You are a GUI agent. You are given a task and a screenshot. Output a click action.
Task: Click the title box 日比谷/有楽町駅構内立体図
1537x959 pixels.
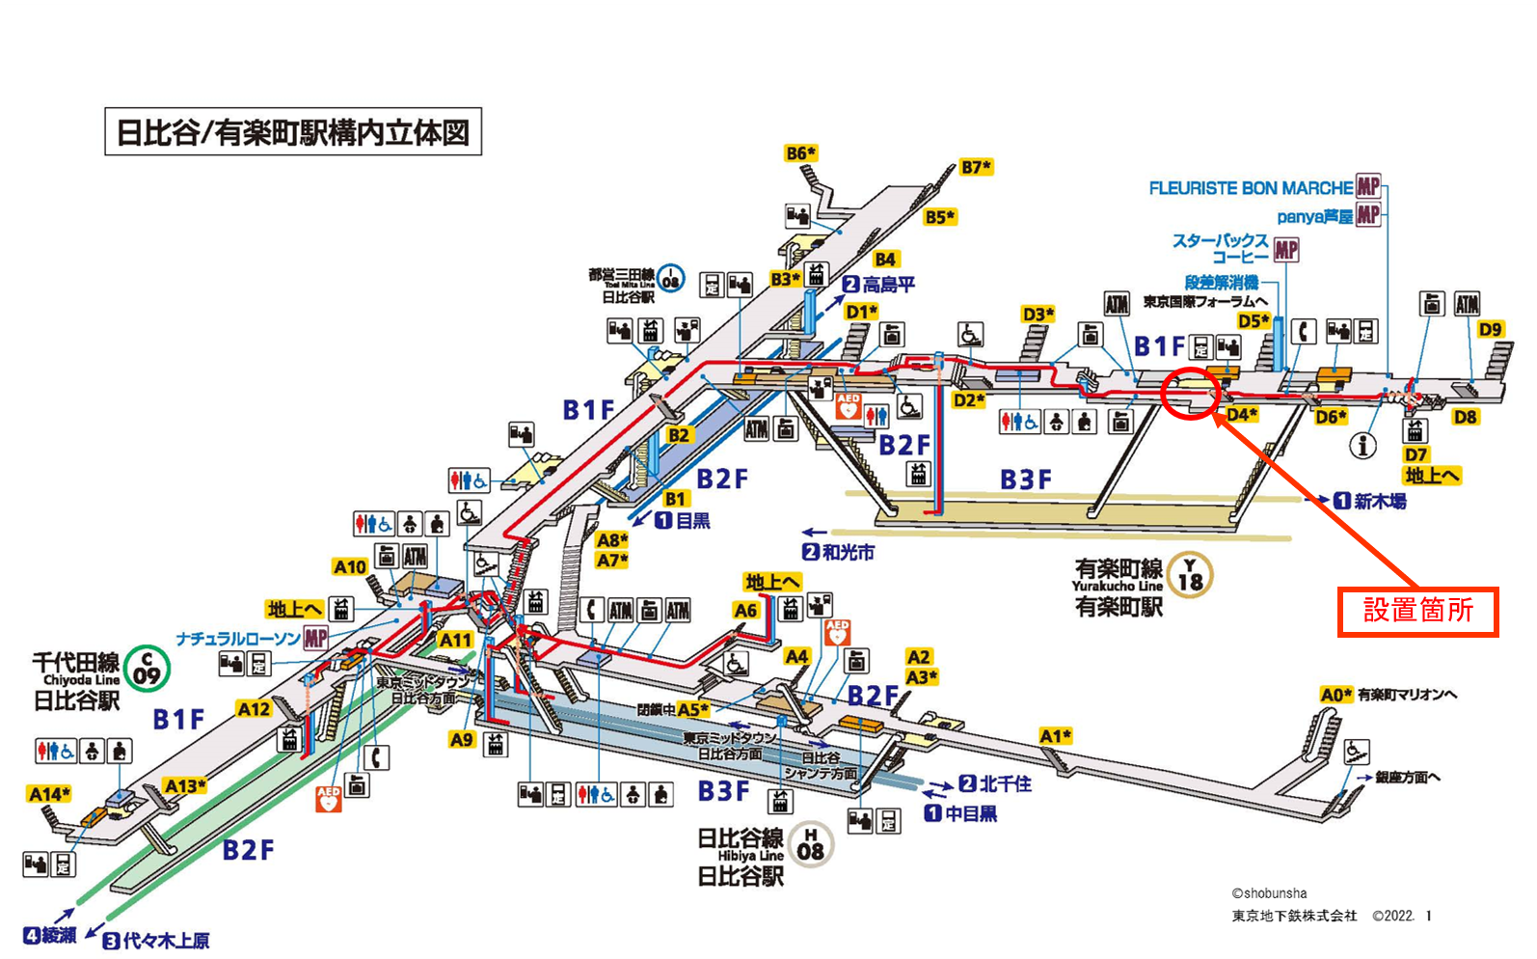point(293,131)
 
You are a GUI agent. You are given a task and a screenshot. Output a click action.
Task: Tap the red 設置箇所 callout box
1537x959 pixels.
point(1417,611)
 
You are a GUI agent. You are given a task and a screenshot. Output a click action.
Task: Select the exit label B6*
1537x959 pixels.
point(800,153)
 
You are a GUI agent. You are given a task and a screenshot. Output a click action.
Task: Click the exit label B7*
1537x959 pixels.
point(976,167)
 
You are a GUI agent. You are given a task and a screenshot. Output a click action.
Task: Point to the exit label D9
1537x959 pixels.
point(1490,329)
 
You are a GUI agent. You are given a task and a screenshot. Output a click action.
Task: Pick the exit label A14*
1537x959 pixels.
point(49,794)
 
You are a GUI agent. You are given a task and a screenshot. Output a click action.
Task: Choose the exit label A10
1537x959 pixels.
point(350,567)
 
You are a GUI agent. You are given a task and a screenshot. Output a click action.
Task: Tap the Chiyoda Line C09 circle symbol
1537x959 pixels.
point(147,668)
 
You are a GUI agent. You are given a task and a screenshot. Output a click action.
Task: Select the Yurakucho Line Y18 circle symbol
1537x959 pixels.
point(1190,575)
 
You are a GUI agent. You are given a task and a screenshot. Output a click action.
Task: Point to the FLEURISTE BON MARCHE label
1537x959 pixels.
point(1251,188)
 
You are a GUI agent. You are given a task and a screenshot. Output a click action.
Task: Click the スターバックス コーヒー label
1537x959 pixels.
point(1221,248)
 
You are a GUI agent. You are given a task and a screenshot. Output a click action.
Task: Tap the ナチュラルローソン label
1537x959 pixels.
point(239,639)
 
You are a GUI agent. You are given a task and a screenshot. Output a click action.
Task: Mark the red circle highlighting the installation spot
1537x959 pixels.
point(1191,393)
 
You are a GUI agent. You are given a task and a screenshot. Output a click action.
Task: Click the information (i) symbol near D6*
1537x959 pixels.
point(1362,445)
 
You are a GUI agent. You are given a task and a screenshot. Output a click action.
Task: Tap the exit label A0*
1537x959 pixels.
point(1335,695)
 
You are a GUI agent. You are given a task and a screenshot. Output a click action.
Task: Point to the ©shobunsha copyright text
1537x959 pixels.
point(1269,893)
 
